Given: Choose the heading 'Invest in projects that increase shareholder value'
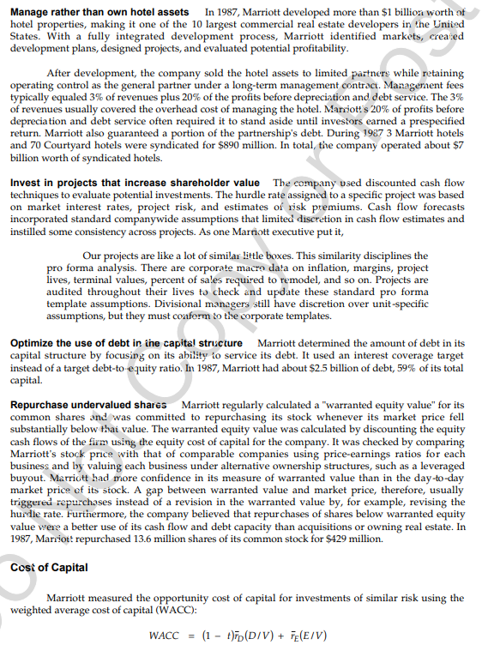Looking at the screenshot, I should pos(135,184).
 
